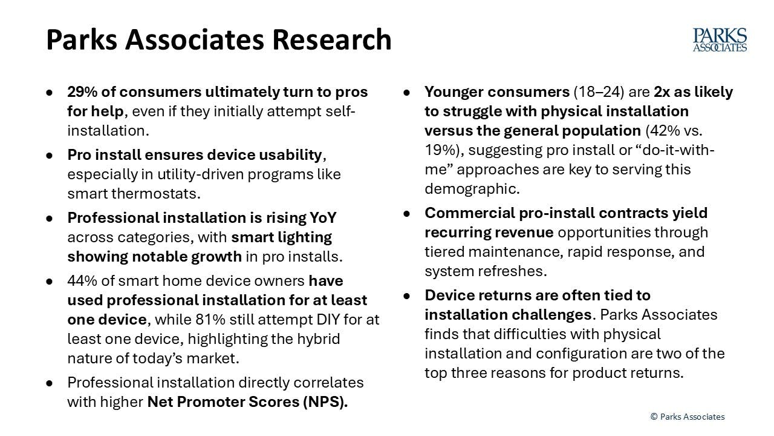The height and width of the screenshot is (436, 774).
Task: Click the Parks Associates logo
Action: coord(720,39)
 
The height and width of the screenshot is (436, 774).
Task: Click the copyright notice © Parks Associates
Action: coord(687,417)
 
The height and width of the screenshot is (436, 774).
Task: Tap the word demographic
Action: coord(470,188)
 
